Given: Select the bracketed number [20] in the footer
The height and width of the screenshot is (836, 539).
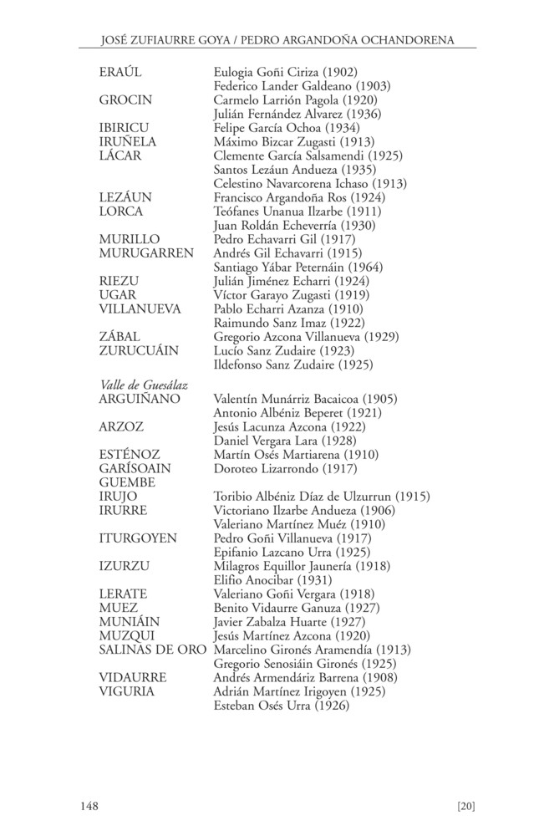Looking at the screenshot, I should pyautogui.click(x=466, y=806).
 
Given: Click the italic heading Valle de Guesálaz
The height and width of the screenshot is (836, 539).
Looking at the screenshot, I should pyautogui.click(x=143, y=385).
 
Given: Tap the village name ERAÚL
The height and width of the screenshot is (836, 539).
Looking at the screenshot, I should pyautogui.click(x=120, y=72).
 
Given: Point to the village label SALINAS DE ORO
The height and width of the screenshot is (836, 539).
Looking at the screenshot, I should pyautogui.click(x=152, y=650).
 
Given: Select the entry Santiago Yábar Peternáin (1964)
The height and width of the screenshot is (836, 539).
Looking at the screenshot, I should pyautogui.click(x=298, y=267).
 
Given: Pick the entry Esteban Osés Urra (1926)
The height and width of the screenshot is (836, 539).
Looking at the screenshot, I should pyautogui.click(x=282, y=706).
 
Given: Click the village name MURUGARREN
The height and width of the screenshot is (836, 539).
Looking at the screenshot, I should pyautogui.click(x=146, y=252).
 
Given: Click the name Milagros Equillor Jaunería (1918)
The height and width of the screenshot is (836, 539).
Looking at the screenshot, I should pyautogui.click(x=297, y=566).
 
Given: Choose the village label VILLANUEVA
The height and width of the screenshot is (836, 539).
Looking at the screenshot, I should pyautogui.click(x=140, y=308).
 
